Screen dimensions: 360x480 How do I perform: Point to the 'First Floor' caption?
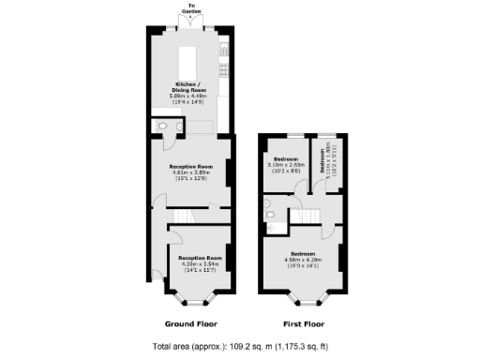(303, 324)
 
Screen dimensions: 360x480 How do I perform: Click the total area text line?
(239, 346)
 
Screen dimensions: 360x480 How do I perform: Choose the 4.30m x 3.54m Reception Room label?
(200, 261)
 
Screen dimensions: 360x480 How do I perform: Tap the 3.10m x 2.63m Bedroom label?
(286, 163)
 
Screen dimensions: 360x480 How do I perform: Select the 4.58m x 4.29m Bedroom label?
(303, 258)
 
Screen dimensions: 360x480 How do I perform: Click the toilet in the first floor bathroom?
(269, 217)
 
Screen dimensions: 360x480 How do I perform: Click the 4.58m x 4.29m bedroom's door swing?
(327, 231)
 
